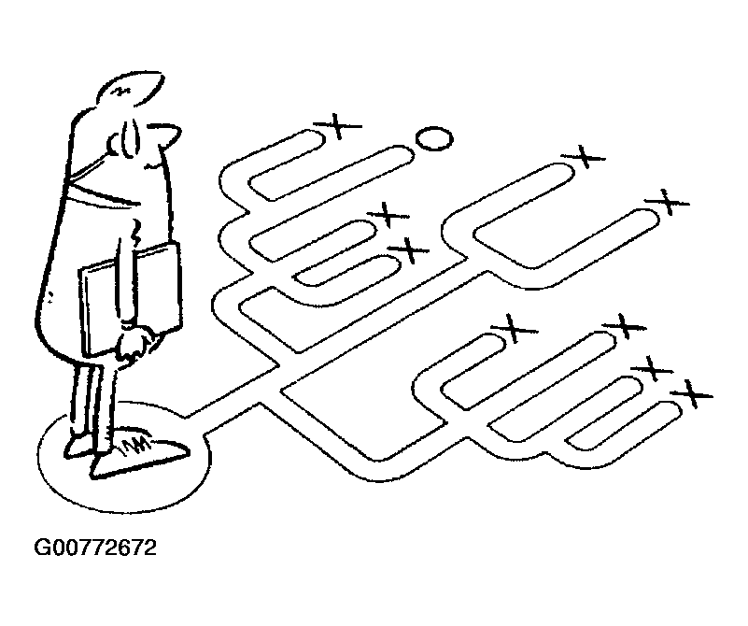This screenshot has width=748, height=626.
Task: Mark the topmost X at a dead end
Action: (345, 125)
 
